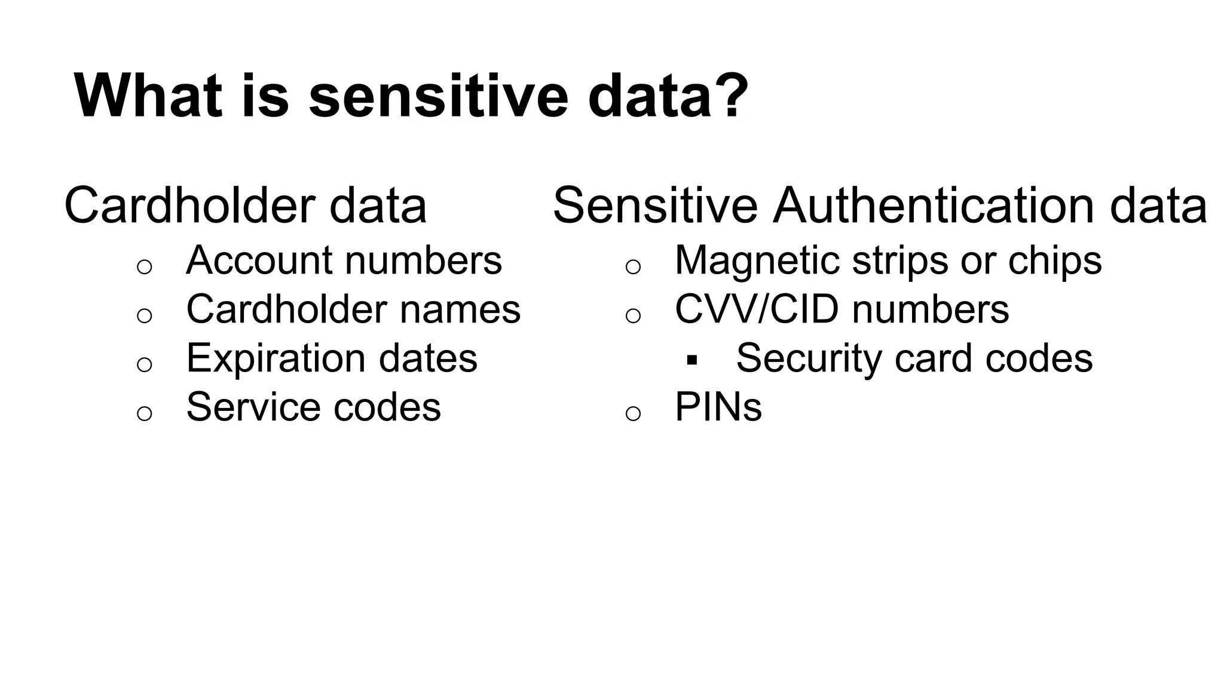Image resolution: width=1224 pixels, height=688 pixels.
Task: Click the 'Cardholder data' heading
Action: click(245, 205)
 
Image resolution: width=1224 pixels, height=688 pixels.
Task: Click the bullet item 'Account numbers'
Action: click(344, 260)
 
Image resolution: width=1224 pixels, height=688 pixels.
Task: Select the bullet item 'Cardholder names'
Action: click(353, 309)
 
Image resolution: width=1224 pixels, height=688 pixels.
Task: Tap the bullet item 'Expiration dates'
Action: click(332, 358)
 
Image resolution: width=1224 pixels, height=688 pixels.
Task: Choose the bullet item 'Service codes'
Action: click(313, 407)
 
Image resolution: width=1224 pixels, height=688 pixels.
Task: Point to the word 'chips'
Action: click(1055, 260)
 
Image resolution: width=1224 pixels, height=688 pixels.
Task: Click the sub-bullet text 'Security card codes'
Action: click(914, 358)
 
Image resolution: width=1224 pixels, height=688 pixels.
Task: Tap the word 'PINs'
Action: click(718, 407)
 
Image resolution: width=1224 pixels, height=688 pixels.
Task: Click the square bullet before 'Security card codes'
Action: click(692, 360)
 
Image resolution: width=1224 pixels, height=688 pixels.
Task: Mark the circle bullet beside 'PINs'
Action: click(633, 413)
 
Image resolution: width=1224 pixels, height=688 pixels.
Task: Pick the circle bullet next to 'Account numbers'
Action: click(145, 266)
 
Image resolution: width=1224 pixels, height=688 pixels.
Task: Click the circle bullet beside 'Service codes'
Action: click(145, 413)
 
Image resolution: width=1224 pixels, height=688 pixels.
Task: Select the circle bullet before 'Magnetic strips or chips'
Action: click(633, 266)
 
